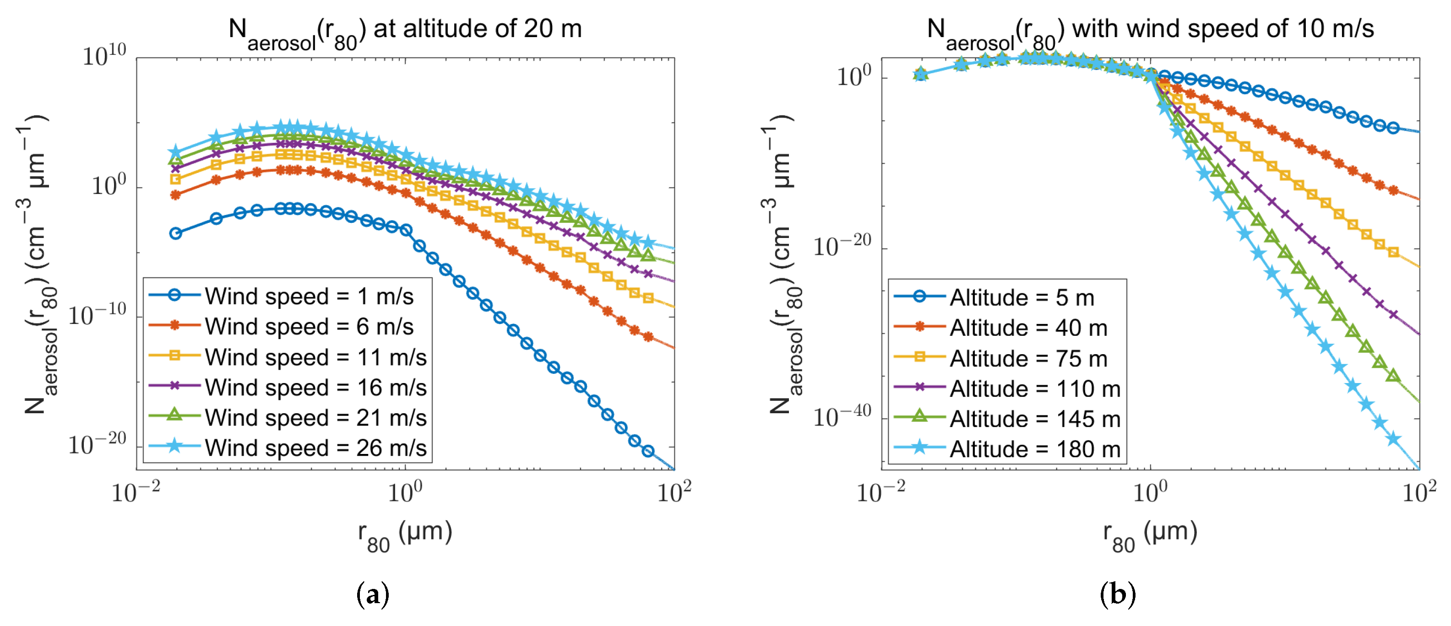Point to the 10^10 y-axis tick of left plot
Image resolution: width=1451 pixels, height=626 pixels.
[x=105, y=56]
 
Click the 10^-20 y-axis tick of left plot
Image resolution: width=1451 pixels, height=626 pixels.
[x=98, y=445]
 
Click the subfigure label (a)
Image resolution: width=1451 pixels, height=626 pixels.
[x=373, y=594]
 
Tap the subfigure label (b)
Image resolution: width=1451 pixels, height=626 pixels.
[x=1118, y=594]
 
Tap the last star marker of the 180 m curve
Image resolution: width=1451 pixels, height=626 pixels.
[x=1394, y=438]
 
